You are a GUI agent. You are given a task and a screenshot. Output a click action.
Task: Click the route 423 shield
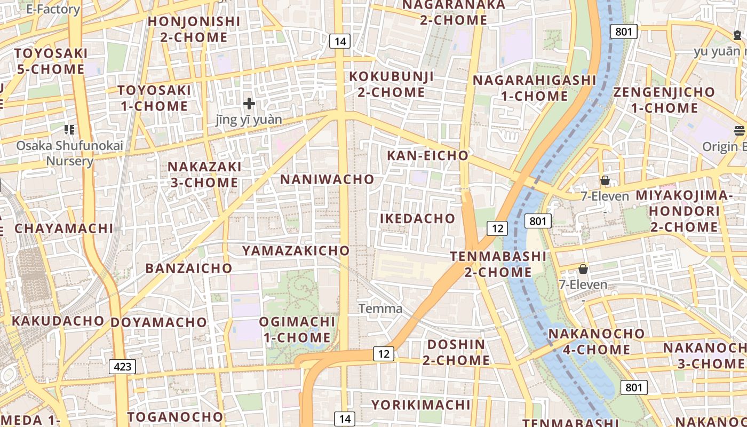(x=122, y=367)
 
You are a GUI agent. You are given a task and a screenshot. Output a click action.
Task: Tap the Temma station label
(x=380, y=309)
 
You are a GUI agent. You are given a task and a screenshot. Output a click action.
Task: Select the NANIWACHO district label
(x=328, y=179)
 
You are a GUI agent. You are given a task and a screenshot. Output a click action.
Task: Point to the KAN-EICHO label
(x=427, y=156)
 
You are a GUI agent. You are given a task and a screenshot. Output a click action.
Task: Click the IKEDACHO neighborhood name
(x=418, y=218)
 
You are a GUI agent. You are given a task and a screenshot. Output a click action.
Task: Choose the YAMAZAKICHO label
(x=296, y=250)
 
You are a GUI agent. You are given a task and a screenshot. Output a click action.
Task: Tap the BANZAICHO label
(x=189, y=268)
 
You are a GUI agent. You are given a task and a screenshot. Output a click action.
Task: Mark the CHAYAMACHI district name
(x=64, y=228)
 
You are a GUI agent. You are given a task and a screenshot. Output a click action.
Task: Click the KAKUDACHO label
(x=58, y=321)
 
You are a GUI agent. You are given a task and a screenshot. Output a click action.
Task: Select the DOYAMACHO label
(x=158, y=322)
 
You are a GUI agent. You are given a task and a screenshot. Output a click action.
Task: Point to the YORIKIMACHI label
(x=422, y=405)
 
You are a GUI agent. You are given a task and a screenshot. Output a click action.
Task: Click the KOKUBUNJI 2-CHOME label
(x=392, y=84)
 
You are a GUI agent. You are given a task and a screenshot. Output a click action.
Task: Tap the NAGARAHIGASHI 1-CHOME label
(x=535, y=88)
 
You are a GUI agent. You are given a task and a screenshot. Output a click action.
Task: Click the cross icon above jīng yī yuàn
(x=249, y=104)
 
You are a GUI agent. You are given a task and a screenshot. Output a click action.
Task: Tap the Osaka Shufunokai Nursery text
(x=69, y=153)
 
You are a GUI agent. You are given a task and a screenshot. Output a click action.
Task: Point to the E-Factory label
(x=53, y=9)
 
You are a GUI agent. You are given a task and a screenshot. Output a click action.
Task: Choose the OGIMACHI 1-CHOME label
(x=297, y=329)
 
